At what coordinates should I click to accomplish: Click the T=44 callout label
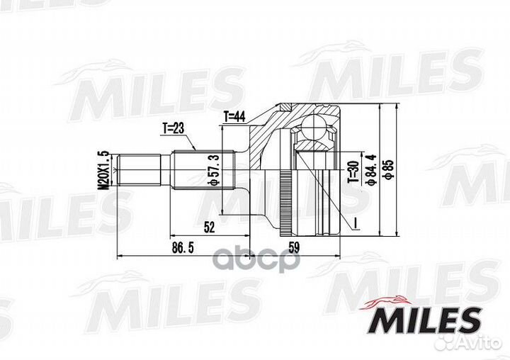(x=234, y=116)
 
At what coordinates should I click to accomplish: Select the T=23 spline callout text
(x=174, y=128)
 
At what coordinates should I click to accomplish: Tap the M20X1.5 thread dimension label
(x=104, y=170)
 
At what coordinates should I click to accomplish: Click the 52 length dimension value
(x=210, y=227)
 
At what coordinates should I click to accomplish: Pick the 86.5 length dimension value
(x=183, y=248)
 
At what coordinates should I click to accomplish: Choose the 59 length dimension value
(x=294, y=248)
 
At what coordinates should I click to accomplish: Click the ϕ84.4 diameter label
(x=371, y=169)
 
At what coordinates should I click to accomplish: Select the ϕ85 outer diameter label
(x=389, y=169)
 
